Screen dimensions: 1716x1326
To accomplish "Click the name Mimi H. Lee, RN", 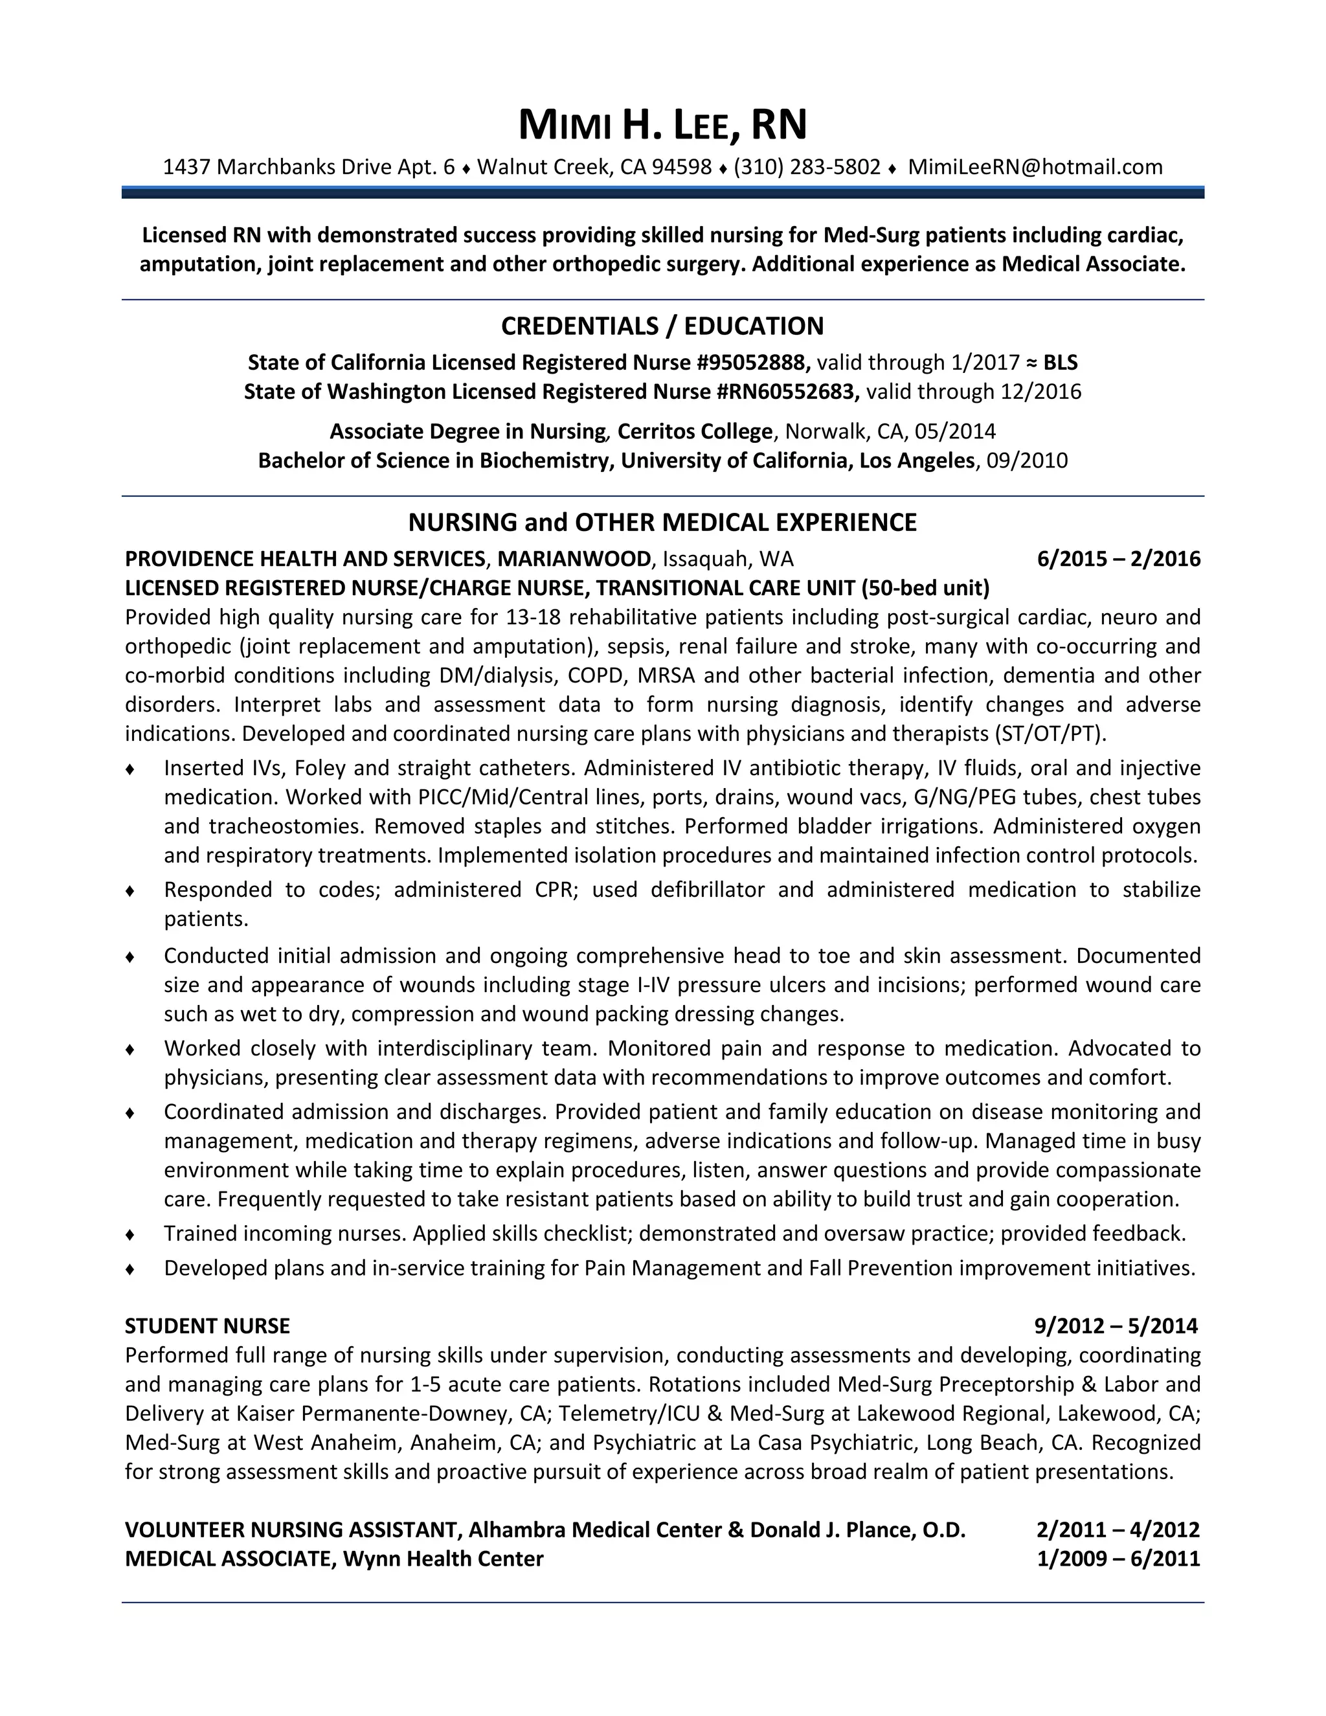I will tap(662, 125).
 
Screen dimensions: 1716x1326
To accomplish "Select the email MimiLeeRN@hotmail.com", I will tap(1035, 167).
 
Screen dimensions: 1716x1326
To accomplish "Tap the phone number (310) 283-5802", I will tap(807, 167).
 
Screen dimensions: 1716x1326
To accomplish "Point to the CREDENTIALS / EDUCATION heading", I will tap(662, 326).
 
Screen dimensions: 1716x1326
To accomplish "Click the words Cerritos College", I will tap(695, 432).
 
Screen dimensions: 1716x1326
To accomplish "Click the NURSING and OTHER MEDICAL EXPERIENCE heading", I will tap(662, 523).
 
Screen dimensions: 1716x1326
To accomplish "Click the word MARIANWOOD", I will tap(574, 559).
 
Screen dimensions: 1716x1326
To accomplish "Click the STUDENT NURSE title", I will tap(207, 1327).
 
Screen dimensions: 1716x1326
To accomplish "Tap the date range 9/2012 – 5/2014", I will tap(1116, 1327).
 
